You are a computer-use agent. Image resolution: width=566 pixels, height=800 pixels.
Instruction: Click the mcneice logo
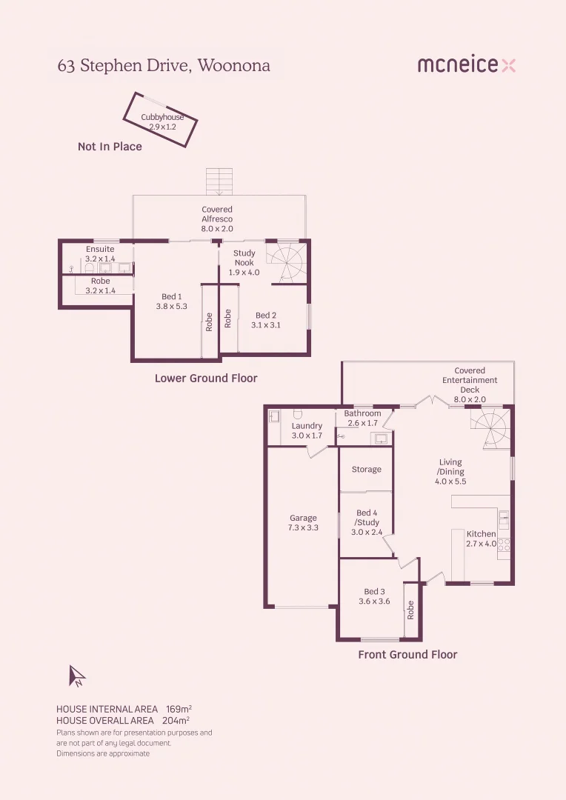point(466,65)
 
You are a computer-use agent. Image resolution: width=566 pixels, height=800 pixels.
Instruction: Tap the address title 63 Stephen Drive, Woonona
point(164,66)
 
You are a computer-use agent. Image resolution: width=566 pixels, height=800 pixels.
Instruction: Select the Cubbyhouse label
point(162,117)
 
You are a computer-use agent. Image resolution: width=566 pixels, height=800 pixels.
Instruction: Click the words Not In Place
point(110,147)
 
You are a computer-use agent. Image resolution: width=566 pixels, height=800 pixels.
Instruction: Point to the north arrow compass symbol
point(76,676)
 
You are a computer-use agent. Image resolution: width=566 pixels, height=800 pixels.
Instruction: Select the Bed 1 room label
point(172,297)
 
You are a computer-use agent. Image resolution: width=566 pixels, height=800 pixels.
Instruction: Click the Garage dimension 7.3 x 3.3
point(303,528)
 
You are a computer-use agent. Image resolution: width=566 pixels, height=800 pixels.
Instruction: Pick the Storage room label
point(367,470)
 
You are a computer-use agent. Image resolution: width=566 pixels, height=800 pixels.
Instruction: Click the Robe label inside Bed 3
point(411,610)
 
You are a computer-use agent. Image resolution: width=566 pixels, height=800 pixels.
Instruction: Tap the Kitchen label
point(481,534)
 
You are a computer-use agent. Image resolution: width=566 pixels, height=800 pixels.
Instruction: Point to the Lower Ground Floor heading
point(206,379)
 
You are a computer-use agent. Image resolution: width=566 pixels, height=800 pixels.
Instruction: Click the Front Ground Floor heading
point(407,655)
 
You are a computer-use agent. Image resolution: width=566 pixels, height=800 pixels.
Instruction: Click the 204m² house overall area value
point(176,720)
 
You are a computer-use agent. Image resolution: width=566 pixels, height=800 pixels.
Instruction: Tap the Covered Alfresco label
point(217,214)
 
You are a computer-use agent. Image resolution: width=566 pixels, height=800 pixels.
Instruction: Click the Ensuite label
point(100,250)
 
